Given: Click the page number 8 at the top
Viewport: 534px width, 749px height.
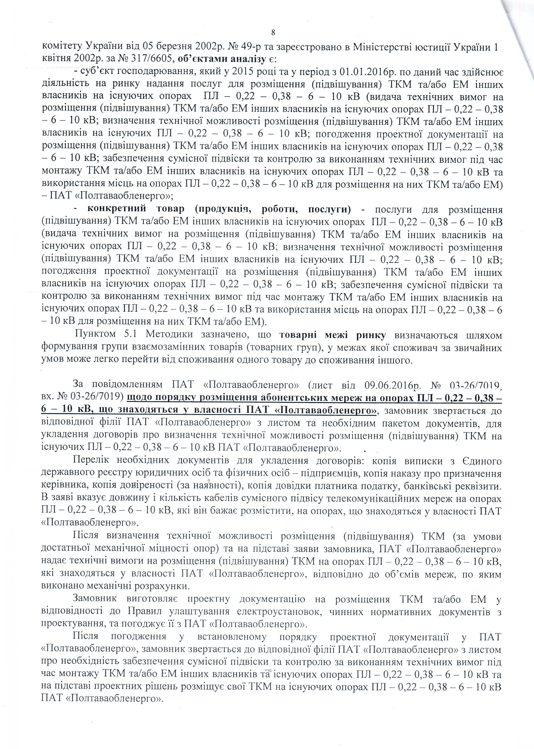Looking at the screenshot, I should coord(273,32).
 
